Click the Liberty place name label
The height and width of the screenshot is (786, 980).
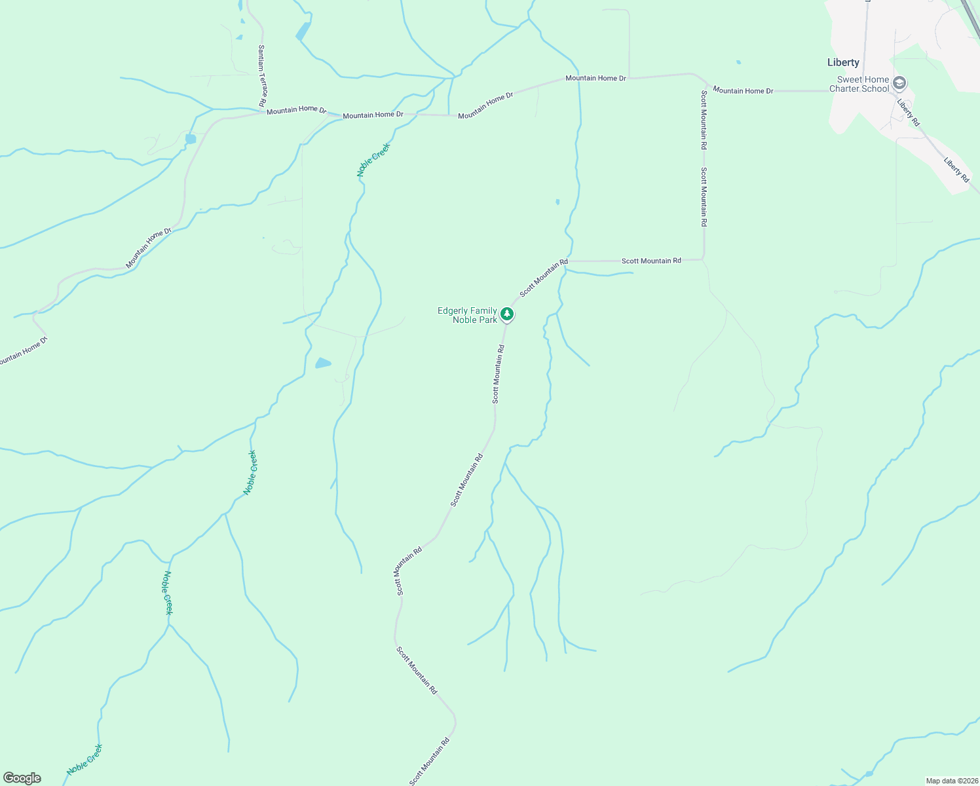(x=843, y=62)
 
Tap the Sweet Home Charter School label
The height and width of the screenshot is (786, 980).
(x=859, y=84)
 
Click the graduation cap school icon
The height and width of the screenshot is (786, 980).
(x=900, y=83)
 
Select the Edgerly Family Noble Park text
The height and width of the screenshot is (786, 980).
(x=467, y=315)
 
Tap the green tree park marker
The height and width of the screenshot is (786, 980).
(x=507, y=314)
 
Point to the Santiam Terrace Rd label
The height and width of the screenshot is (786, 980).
(x=262, y=75)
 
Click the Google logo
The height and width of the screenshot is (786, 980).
(x=22, y=778)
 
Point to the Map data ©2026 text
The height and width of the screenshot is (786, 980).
(x=952, y=781)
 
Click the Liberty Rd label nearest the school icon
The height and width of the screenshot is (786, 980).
(x=909, y=113)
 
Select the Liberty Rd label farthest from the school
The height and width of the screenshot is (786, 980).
(x=956, y=169)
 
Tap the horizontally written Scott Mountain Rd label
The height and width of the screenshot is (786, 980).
(x=651, y=261)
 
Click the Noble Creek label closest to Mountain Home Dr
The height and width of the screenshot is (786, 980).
(x=373, y=160)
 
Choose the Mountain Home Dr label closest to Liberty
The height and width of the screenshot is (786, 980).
(x=743, y=90)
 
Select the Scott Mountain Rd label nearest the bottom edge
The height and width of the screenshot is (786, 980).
(x=430, y=761)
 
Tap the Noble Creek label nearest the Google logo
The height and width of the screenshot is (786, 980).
(x=85, y=760)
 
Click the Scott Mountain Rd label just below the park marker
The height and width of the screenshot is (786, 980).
(x=499, y=373)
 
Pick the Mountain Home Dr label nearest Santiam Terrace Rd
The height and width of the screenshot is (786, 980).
(x=296, y=109)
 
